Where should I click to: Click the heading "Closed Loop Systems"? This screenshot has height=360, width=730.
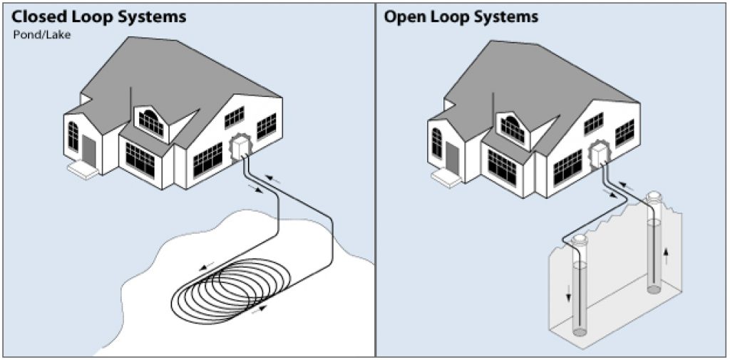click(x=99, y=16)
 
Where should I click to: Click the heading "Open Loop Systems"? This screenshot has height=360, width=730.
click(x=461, y=16)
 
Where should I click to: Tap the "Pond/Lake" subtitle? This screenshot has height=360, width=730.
click(x=42, y=34)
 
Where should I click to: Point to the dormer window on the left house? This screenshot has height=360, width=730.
click(x=151, y=122)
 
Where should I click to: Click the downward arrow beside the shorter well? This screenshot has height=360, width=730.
click(x=569, y=293)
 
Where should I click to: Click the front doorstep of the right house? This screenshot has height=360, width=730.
click(x=446, y=176)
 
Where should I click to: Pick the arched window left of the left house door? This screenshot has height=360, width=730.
click(x=73, y=135)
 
